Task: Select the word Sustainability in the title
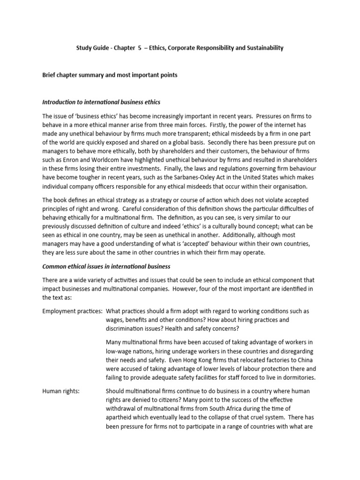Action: tap(264, 48)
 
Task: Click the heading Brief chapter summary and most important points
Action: tap(110, 75)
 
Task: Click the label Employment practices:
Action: tap(72, 311)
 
